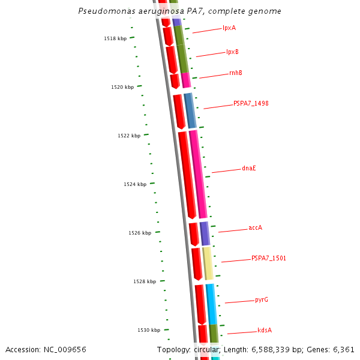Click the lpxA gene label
point(229,28)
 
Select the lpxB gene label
point(232,52)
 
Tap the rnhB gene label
point(236,73)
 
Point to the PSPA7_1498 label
point(251,103)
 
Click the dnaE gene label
point(249,168)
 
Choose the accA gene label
point(255,228)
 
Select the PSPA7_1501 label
point(268,258)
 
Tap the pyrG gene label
point(261,299)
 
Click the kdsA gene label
point(265,330)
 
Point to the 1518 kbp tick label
point(115,38)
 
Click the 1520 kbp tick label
point(122,87)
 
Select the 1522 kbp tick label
point(129,136)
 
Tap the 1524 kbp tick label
point(135,184)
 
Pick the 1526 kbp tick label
point(140,233)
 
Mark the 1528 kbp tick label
point(145,281)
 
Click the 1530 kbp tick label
point(149,330)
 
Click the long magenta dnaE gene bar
point(198,174)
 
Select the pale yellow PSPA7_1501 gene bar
point(208,263)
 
